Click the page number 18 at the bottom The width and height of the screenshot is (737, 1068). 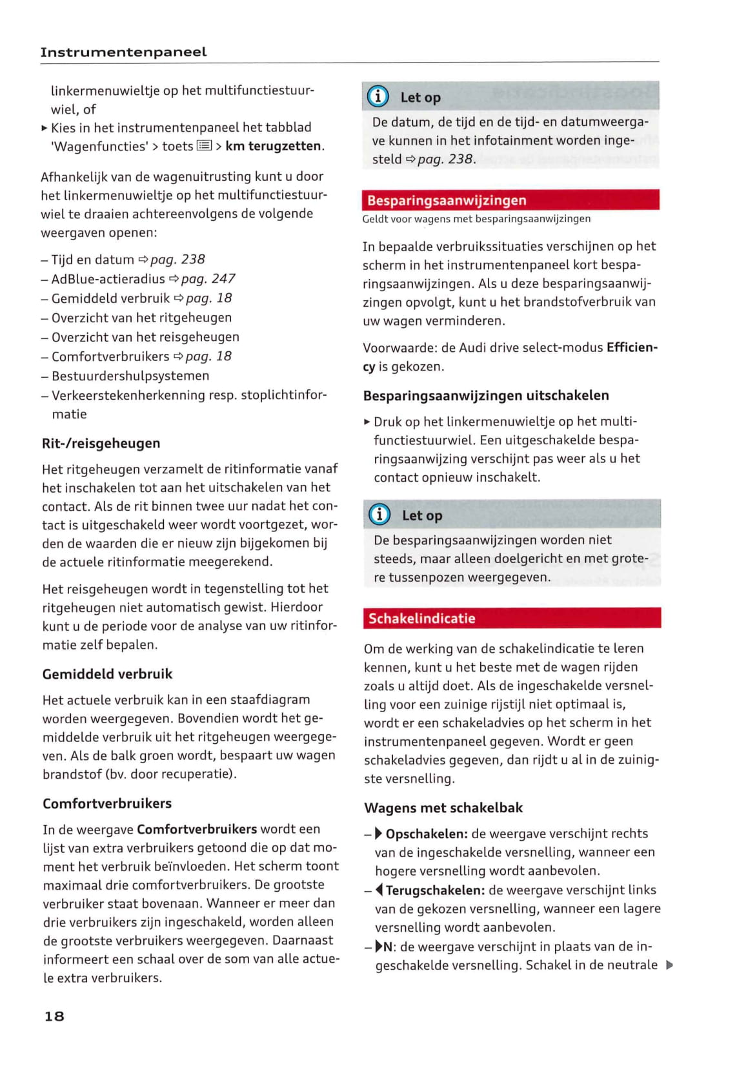(54, 1016)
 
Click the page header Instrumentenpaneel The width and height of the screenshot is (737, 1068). (123, 52)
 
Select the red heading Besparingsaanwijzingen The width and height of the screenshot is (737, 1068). (447, 200)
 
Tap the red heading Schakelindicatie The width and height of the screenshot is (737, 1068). (421, 618)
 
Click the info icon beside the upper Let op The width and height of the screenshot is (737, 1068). (378, 97)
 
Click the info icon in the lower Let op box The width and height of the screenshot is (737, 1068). (379, 515)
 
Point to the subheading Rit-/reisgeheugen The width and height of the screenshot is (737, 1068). (101, 443)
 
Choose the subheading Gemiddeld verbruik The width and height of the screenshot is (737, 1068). (107, 673)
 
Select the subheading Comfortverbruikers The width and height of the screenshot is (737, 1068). (107, 803)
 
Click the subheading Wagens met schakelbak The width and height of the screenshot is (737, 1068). (443, 807)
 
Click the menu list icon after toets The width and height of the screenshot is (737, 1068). (204, 146)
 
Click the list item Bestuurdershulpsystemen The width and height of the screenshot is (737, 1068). (130, 375)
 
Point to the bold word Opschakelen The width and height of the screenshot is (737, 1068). (426, 833)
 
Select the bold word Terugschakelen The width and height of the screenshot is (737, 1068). (434, 890)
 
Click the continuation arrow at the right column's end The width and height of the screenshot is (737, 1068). (669, 965)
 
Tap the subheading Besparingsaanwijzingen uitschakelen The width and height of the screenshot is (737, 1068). (486, 395)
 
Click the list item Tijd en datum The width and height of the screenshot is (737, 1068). (92, 260)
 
